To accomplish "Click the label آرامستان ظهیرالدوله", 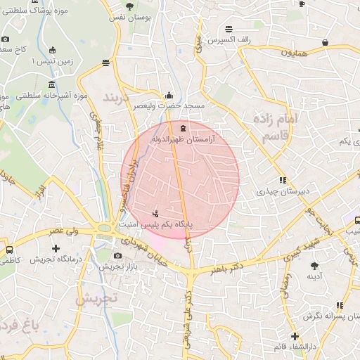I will [x=184, y=140].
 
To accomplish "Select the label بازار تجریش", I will [x=111, y=266].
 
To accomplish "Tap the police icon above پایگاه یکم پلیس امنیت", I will [x=155, y=213].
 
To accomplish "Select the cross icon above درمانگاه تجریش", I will [x=56, y=248].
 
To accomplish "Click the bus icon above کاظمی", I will [x=9, y=250].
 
